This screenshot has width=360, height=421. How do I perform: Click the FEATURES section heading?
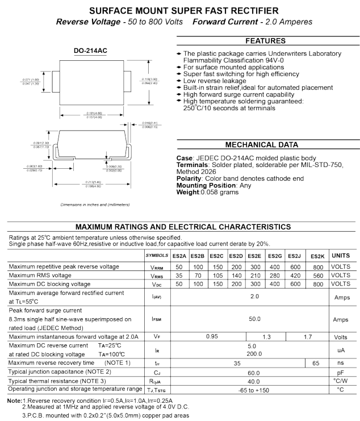point(265,41)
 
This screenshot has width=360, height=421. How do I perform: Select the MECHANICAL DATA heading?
point(265,144)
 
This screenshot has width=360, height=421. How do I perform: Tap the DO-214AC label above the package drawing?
point(90,51)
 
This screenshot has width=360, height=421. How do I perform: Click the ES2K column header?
point(317,256)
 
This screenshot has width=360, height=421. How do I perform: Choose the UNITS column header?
point(341,256)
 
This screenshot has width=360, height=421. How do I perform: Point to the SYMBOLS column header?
point(157,256)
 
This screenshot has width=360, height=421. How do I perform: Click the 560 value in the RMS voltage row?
point(317,275)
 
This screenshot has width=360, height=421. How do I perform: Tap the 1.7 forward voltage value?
point(307,336)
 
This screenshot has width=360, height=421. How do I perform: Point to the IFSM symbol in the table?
point(157,319)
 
